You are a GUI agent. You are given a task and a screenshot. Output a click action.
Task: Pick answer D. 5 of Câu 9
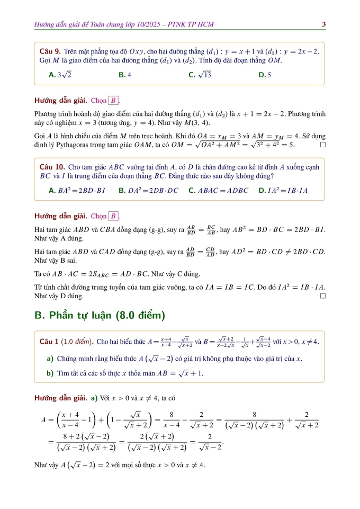(265, 75)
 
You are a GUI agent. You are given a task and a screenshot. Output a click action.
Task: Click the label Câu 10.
(52, 167)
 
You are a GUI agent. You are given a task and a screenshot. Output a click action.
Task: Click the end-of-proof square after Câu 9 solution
(323, 144)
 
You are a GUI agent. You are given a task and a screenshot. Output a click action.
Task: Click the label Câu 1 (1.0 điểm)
(67, 340)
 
